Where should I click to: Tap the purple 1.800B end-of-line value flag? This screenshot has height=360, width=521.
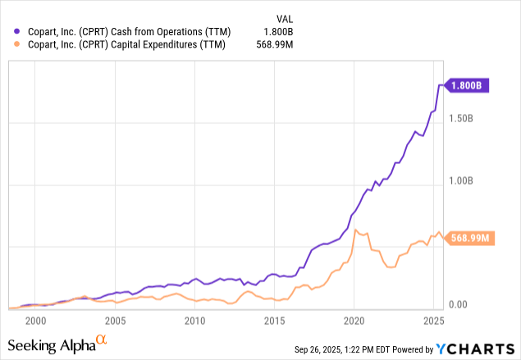click(468, 85)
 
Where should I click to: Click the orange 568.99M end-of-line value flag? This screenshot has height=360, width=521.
click(470, 239)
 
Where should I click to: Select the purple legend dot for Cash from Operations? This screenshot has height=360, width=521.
click(16, 32)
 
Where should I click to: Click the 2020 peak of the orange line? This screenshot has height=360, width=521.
click(354, 230)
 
